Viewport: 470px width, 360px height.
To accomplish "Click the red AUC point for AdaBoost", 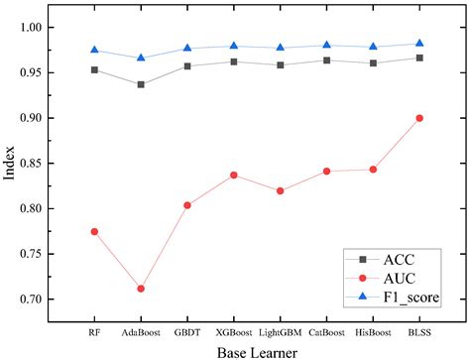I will pyautogui.click(x=141, y=289).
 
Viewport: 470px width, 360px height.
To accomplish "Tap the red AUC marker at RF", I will pyautogui.click(x=94, y=231).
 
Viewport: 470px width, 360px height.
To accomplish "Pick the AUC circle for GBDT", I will pyautogui.click(x=187, y=205).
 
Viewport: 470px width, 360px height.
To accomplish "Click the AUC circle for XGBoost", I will pyautogui.click(x=234, y=175).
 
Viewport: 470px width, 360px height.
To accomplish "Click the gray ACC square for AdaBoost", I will pyautogui.click(x=141, y=84).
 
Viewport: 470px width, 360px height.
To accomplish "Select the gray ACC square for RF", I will pyautogui.click(x=94, y=69).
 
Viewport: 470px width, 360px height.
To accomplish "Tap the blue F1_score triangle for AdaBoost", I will pyautogui.click(x=141, y=59).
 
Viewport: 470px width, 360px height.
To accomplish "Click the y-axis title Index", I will pyautogui.click(x=11, y=164).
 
